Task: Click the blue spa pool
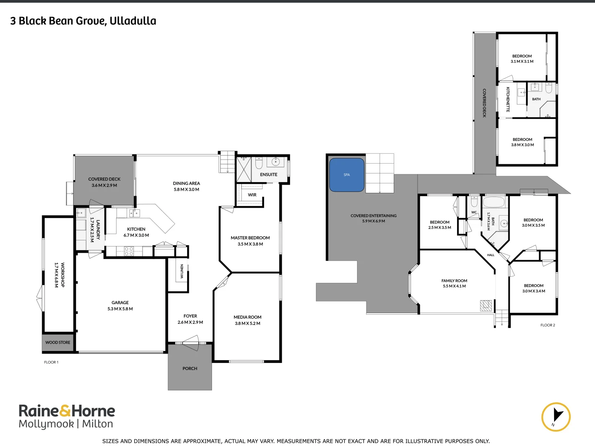point(347,175)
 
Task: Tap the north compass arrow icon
point(556,417)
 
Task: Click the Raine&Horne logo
point(67,416)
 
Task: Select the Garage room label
point(120,302)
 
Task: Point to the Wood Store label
point(58,342)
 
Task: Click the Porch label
point(190,368)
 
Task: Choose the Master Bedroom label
point(250,238)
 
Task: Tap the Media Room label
point(248,317)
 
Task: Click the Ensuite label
point(269,175)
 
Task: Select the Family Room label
point(455,281)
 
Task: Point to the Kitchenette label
point(508,100)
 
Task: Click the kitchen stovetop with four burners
point(129,251)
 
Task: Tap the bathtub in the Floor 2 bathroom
point(494,202)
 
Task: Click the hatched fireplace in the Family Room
point(486,306)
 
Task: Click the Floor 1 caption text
point(51,362)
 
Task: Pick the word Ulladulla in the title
point(133,21)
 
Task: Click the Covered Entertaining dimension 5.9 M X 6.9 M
point(374,221)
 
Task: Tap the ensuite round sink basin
point(276,162)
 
